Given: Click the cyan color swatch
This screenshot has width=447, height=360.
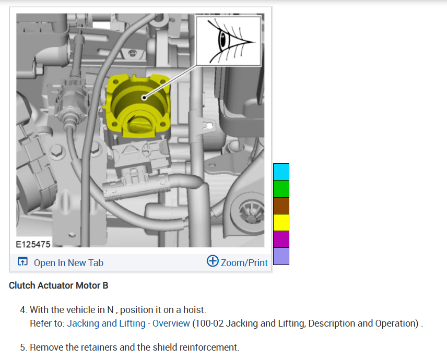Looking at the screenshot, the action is (x=281, y=172).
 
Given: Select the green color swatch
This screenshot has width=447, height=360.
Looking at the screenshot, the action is (x=281, y=188).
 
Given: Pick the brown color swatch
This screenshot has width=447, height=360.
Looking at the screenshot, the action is (x=281, y=206).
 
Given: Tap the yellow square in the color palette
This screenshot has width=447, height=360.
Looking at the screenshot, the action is (x=281, y=222).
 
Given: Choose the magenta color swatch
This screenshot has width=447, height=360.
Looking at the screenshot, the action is (x=281, y=239).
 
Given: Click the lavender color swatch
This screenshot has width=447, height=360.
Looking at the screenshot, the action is (x=281, y=256).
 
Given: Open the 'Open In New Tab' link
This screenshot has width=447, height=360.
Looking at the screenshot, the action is (x=68, y=262).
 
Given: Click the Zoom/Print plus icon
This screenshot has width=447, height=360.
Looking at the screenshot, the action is (x=213, y=261).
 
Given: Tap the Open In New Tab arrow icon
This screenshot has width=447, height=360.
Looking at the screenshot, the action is (x=23, y=261).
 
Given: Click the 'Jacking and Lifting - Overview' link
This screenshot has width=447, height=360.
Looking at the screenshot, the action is (x=128, y=323).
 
